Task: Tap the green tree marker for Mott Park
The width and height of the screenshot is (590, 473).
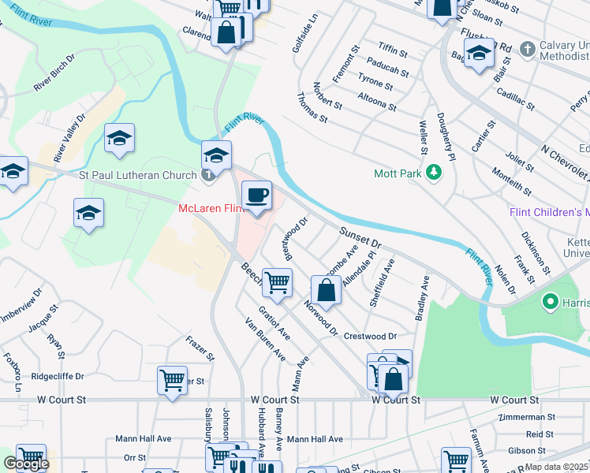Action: (x=433, y=172)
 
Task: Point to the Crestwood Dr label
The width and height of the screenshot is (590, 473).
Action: (x=370, y=335)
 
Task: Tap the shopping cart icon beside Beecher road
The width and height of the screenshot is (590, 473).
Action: (x=277, y=282)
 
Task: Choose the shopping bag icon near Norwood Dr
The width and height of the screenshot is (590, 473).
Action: (x=326, y=289)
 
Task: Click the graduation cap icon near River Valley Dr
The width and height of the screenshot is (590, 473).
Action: (x=119, y=139)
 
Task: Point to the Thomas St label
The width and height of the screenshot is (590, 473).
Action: (x=312, y=110)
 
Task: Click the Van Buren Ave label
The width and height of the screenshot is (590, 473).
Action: (x=265, y=339)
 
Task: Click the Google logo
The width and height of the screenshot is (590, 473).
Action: (x=26, y=464)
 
